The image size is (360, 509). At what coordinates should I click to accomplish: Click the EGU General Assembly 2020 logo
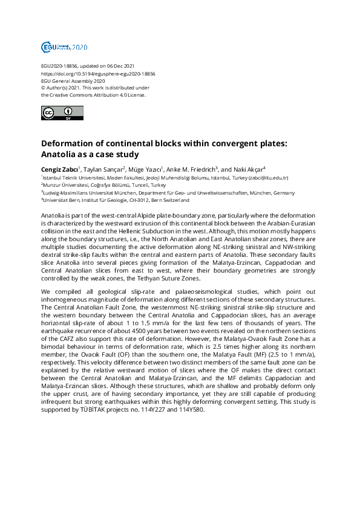pyautogui.click(x=64, y=47)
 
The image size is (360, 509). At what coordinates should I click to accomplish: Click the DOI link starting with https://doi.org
pyautogui.click(x=98, y=73)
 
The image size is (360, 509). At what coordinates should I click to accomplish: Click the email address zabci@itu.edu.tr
pyautogui.click(x=269, y=178)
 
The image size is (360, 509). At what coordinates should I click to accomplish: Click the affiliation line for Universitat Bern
pyautogui.click(x=115, y=199)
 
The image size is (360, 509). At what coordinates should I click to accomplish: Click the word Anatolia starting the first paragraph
pyautogui.click(x=53, y=216)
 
